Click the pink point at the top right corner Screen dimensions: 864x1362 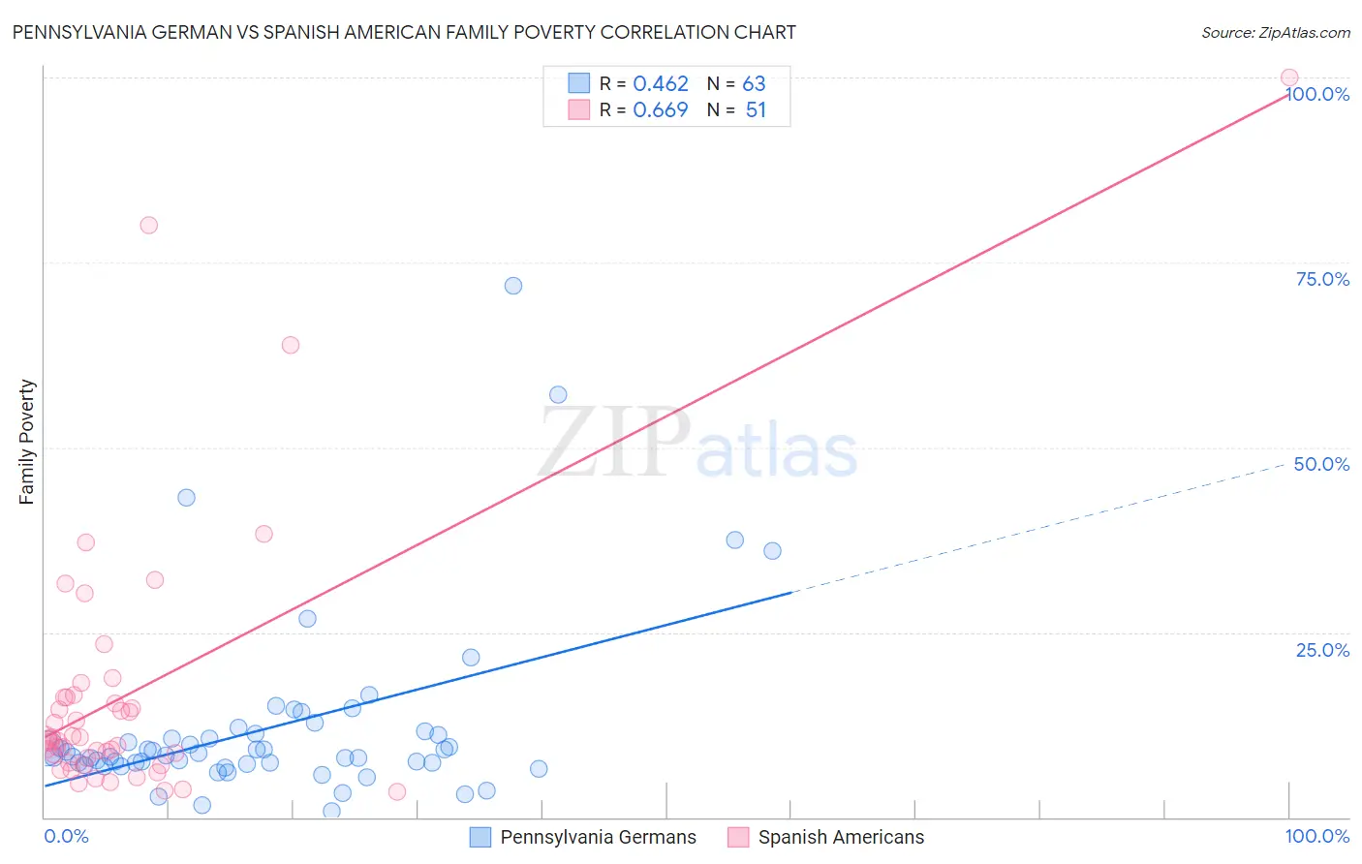[x=1288, y=77]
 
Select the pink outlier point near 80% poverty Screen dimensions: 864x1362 [x=148, y=225]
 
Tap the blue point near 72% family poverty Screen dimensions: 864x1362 [x=513, y=286]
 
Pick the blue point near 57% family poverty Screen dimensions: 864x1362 [x=558, y=394]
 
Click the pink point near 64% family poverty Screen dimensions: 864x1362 [x=290, y=345]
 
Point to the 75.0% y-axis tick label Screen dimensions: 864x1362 [x=1322, y=279]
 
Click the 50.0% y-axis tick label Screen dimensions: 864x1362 [x=1321, y=464]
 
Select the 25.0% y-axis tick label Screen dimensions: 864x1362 [x=1322, y=650]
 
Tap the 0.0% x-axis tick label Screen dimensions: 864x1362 [x=66, y=837]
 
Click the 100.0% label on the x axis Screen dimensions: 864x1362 [x=1316, y=837]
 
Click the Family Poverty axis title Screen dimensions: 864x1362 [x=27, y=442]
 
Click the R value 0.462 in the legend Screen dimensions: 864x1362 [x=661, y=84]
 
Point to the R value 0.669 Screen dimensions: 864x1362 [x=661, y=110]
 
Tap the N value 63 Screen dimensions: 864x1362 [x=754, y=84]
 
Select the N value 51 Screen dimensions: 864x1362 [x=756, y=110]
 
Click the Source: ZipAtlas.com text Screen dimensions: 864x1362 [x=1275, y=33]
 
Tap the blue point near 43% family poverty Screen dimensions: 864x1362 [x=186, y=497]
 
